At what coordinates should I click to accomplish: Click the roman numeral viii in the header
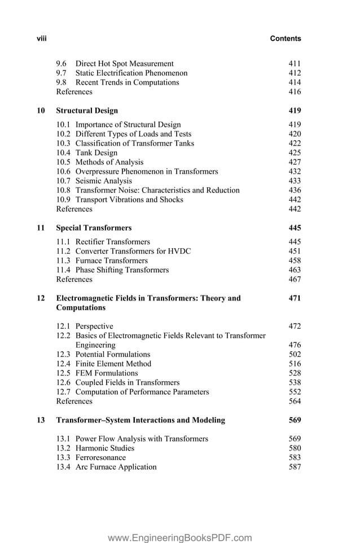pyautogui.click(x=41, y=39)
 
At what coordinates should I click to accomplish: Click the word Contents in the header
pyautogui.click(x=286, y=39)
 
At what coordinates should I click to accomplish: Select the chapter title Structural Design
pyautogui.click(x=87, y=111)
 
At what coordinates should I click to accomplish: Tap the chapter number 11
pyautogui.click(x=41, y=228)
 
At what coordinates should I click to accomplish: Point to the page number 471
pyautogui.click(x=295, y=298)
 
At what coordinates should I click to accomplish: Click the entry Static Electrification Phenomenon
pyautogui.click(x=131, y=73)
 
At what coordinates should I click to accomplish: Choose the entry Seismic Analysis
pyautogui.click(x=104, y=181)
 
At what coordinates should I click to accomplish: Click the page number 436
pyautogui.click(x=295, y=191)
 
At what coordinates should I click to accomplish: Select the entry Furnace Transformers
pyautogui.click(x=112, y=261)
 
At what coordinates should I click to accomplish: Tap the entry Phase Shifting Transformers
pyautogui.click(x=122, y=270)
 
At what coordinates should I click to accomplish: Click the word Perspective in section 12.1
pyautogui.click(x=94, y=326)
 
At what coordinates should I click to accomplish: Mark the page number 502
pyautogui.click(x=295, y=355)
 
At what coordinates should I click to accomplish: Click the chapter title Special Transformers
pyautogui.click(x=94, y=228)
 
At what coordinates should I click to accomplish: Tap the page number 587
pyautogui.click(x=295, y=467)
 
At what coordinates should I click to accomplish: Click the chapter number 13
pyautogui.click(x=41, y=420)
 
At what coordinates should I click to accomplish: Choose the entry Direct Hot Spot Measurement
pyautogui.click(x=125, y=64)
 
